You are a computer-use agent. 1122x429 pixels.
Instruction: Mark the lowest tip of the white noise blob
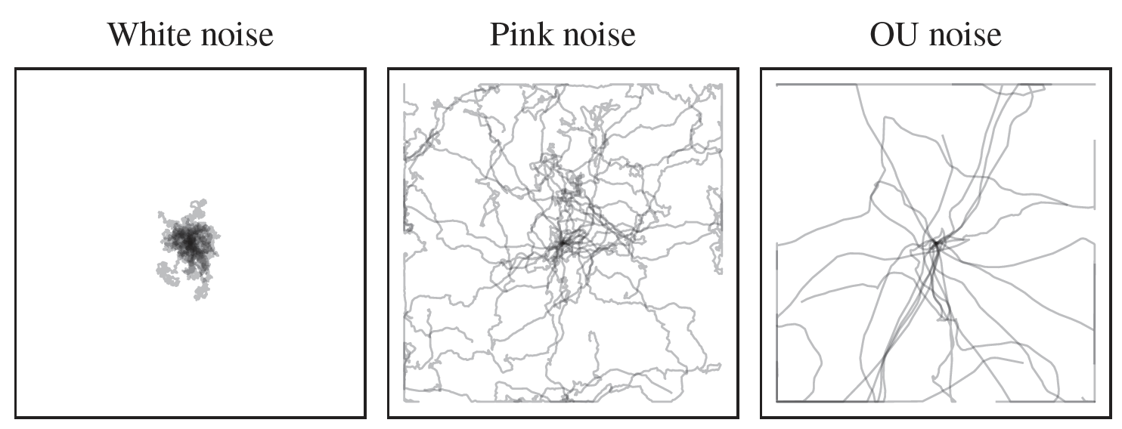tap(198, 299)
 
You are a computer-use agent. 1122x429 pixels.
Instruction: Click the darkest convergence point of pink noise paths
tap(562, 242)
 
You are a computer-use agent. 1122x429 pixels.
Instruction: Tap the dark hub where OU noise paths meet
tap(935, 244)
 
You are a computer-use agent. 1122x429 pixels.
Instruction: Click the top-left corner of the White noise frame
tap(16, 69)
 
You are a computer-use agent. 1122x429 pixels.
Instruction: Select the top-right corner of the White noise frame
tap(365, 69)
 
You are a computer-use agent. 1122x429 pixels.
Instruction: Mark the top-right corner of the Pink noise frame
tap(738, 69)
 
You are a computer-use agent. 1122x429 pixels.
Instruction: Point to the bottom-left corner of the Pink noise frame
tap(389, 417)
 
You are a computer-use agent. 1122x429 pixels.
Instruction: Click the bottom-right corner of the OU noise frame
tap(1111, 417)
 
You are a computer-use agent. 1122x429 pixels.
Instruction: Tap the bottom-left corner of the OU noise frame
tap(761, 417)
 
